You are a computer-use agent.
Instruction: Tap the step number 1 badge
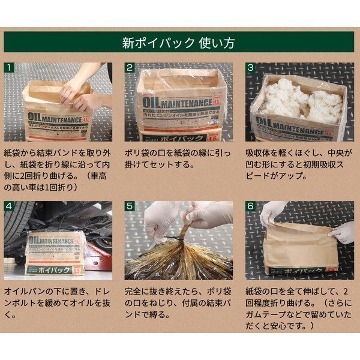(x=10, y=68)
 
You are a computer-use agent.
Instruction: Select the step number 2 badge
(x=130, y=68)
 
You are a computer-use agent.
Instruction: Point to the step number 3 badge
(x=251, y=68)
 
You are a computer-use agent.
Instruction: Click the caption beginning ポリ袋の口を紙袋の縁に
(x=178, y=159)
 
